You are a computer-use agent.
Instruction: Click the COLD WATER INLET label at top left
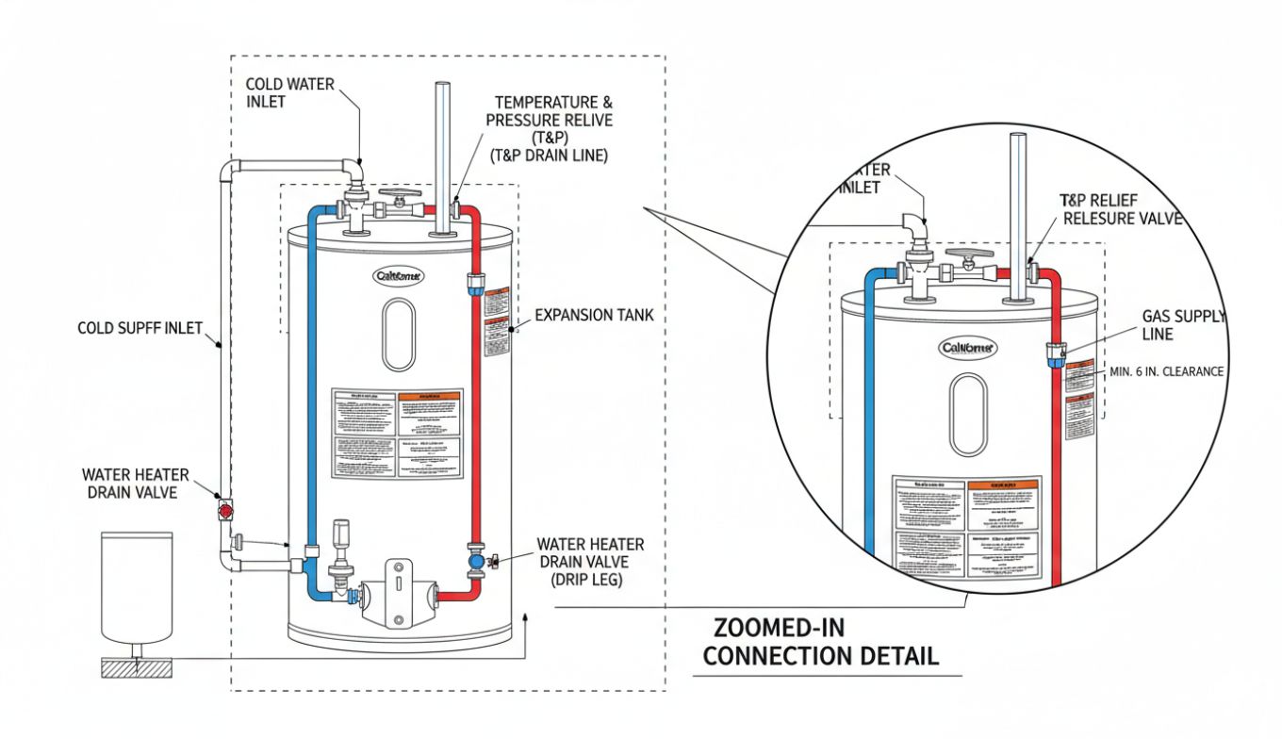coord(289,92)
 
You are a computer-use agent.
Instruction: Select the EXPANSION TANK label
coord(593,315)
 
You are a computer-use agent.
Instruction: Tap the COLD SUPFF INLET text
coord(140,328)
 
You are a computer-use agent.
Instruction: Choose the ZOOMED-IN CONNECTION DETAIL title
coord(820,642)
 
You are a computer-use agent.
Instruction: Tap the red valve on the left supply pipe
coord(225,510)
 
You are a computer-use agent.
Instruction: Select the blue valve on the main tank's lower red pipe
coord(476,561)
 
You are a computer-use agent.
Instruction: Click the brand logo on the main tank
coord(399,276)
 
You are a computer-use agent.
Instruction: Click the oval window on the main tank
coord(398,335)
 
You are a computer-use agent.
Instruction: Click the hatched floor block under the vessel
coord(137,667)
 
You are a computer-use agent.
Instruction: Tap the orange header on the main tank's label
coord(429,397)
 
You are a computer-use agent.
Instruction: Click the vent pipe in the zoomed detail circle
coord(1016,217)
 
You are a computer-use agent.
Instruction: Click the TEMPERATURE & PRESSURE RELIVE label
coord(548,121)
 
